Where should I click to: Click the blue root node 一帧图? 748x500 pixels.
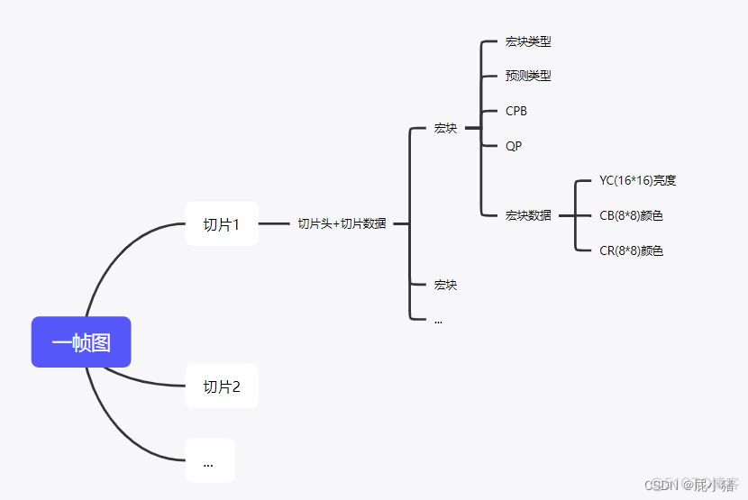81,342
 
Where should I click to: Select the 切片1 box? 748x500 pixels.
222,224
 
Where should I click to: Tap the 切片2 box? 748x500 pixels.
222,386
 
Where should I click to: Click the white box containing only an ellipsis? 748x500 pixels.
209,461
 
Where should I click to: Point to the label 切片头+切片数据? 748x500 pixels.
342,224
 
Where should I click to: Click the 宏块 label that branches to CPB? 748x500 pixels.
445,128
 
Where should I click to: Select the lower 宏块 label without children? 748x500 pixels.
445,285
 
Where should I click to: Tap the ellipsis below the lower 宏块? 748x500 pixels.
438,320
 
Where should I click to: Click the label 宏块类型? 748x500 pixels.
528,41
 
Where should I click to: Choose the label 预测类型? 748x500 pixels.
528,77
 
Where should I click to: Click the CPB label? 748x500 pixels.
516,111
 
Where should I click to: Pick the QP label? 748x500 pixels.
514,146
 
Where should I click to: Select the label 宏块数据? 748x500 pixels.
528,215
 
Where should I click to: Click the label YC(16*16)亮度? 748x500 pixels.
637,180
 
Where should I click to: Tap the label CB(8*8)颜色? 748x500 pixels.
631,215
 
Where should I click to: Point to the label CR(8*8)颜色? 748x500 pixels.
631,250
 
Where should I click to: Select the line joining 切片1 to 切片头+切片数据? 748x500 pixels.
274,223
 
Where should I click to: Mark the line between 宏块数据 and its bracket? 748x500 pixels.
565,215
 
